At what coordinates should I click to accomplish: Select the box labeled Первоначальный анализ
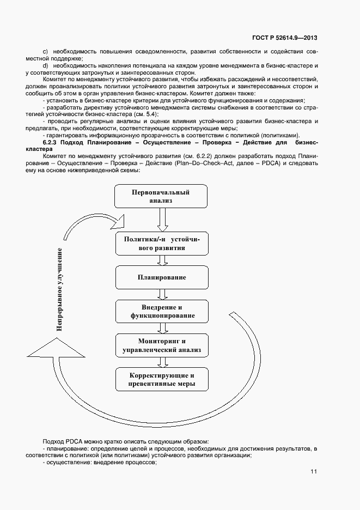[161, 197]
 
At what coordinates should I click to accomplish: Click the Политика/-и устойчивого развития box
[162, 243]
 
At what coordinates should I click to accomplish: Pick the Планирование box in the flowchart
[162, 277]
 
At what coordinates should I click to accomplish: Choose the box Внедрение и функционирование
[162, 312]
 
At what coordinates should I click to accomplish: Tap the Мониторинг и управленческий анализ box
[162, 345]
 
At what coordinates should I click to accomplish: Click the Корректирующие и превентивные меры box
[162, 380]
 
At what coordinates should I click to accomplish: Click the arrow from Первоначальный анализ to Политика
[162, 220]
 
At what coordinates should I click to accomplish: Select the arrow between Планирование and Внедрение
[162, 295]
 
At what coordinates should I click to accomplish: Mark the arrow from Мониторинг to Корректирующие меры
[162, 363]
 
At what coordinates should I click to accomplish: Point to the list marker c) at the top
[45, 51]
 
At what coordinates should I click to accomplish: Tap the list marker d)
[45, 65]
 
